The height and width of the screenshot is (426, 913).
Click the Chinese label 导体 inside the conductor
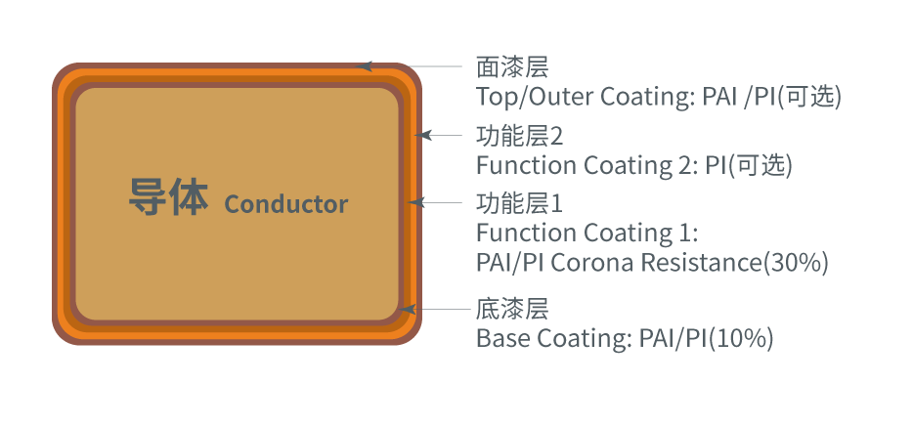[168, 197]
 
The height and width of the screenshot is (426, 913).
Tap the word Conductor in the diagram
[286, 204]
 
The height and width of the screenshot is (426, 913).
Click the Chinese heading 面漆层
[512, 66]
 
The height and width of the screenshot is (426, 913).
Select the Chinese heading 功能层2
[520, 136]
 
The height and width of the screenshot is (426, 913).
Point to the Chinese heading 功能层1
[520, 203]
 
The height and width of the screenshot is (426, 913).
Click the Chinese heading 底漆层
[512, 309]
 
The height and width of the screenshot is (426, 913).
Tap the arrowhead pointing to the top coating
[365, 66]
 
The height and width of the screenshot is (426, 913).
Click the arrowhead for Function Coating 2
[423, 135]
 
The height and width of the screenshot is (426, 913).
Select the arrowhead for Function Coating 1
[416, 202]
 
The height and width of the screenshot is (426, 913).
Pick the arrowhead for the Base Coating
[408, 309]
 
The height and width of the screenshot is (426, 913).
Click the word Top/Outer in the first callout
[535, 97]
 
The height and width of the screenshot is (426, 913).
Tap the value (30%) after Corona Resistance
[796, 263]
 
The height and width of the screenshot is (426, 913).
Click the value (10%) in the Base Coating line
[741, 338]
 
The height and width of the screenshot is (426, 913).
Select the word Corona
[592, 263]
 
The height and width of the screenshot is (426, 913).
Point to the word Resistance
[702, 263]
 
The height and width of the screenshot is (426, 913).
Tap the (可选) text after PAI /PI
[809, 97]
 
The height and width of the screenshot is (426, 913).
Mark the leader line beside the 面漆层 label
[416, 66]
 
